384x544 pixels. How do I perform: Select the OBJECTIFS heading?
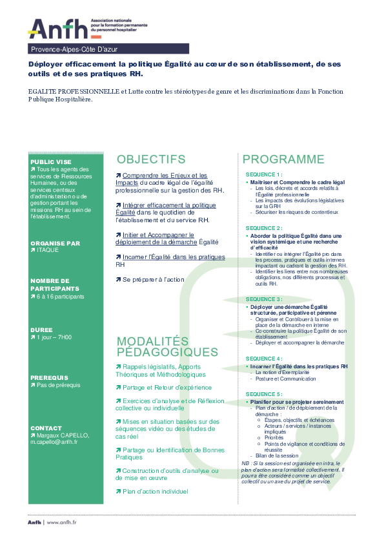150,159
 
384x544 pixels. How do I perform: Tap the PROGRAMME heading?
283,159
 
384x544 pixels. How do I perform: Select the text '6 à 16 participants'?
60,297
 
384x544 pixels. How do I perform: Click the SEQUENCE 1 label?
264,175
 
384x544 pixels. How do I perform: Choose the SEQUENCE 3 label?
264,299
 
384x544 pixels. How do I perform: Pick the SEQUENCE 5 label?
264,394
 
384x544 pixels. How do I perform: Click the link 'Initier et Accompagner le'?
158,235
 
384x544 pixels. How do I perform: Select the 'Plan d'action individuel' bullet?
154,491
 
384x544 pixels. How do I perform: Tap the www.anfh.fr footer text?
62,521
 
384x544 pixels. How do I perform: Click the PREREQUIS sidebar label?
50,377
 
